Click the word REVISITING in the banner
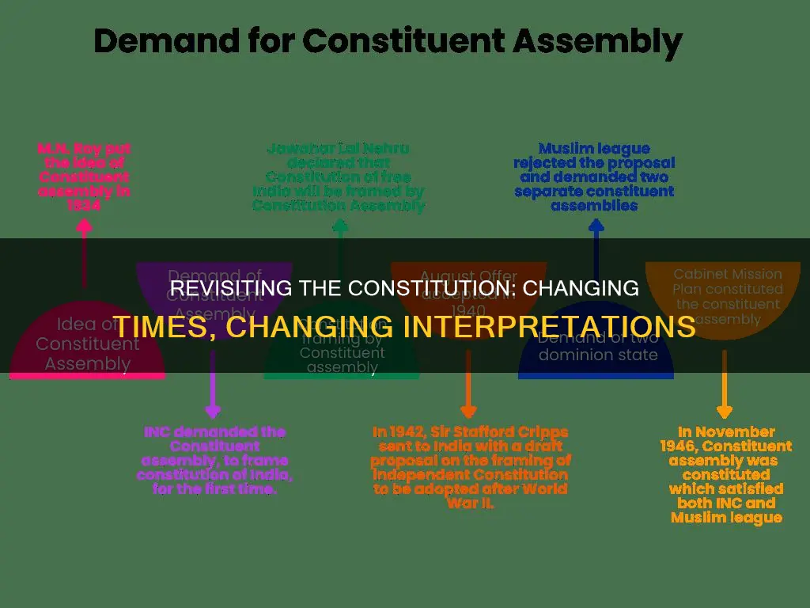pyautogui.click(x=220, y=288)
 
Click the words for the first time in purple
pyautogui.click(x=211, y=489)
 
